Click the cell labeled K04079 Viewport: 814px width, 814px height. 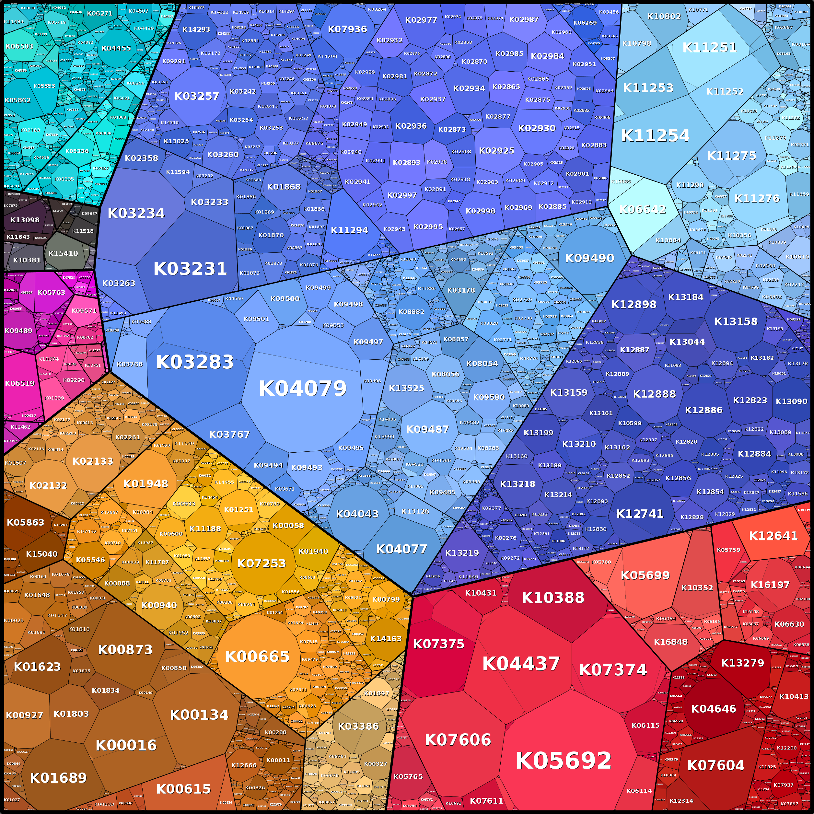(303, 388)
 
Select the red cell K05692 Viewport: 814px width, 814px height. (563, 761)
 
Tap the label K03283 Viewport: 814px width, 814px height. (195, 362)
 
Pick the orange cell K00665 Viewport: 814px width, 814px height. (257, 656)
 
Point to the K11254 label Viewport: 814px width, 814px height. (655, 136)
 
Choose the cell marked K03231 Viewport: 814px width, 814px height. (190, 268)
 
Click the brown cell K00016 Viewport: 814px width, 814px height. (126, 745)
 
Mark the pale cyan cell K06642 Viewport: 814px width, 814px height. (643, 209)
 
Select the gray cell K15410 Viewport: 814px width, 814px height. (63, 253)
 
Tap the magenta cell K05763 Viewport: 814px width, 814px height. (52, 292)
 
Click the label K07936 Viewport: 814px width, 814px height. (347, 29)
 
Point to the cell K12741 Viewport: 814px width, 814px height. (640, 514)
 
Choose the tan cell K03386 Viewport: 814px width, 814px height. (358, 726)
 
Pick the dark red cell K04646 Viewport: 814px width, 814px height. (713, 709)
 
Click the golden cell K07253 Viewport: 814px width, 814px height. (261, 563)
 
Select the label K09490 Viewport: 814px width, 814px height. (589, 258)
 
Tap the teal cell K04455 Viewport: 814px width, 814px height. (116, 48)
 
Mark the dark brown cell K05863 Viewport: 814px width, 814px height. (25, 522)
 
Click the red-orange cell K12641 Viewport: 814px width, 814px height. (773, 536)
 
